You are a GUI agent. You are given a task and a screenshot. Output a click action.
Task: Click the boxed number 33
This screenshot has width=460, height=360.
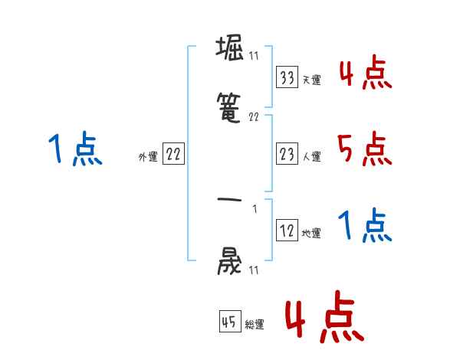pos(287,77)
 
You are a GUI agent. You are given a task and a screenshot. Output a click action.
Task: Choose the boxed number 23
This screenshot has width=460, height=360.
pos(287,154)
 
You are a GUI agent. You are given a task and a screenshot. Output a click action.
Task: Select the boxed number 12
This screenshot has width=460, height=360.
pos(287,231)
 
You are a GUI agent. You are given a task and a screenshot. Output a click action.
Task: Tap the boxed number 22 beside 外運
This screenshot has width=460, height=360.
pos(173,155)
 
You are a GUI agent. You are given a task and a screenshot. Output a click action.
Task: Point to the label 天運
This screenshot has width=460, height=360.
pos(311,80)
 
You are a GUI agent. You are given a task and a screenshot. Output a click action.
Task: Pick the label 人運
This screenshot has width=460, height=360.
pos(311,156)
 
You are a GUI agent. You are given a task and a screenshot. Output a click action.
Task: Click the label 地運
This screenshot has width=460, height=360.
pos(311,233)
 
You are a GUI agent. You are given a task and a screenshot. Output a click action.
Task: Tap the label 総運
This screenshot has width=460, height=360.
pos(255,324)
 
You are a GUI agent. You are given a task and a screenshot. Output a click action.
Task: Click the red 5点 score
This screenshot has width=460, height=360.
pos(364,149)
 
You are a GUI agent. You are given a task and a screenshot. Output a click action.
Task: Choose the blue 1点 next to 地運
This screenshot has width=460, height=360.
pos(364,226)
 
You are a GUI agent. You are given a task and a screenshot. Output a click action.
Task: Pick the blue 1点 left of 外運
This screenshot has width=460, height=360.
pos(74,149)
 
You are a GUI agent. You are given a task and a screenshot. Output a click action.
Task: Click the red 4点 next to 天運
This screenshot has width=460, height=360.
pos(364,74)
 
